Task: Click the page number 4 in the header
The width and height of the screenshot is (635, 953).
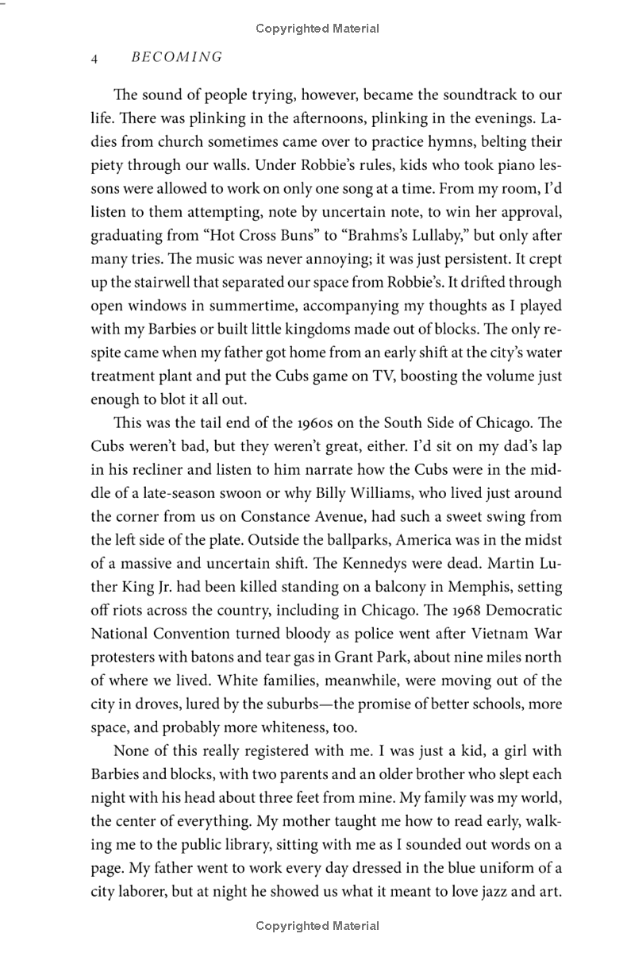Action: point(94,57)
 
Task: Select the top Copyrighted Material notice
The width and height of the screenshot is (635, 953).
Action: point(317,29)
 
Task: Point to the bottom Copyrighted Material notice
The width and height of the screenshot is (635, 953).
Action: point(317,926)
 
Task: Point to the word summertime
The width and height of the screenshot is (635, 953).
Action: point(250,305)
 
